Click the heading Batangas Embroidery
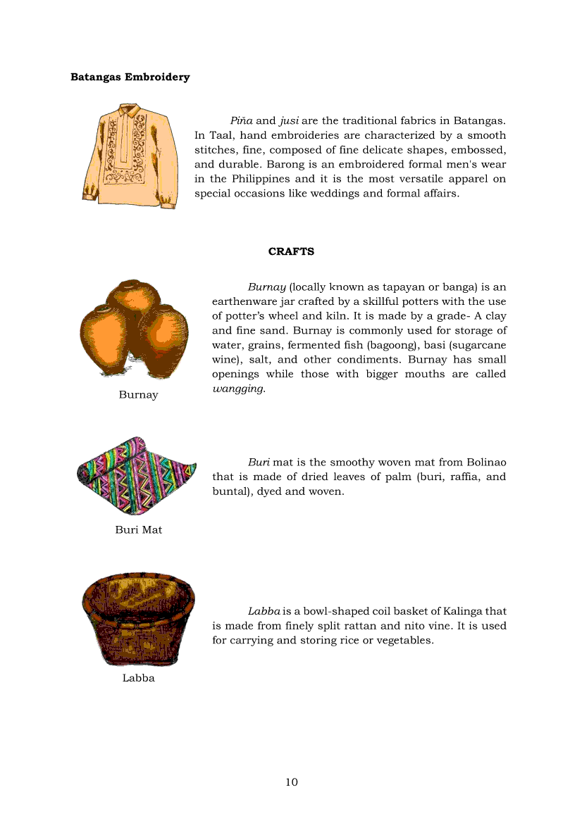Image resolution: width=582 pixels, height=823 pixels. click(130, 77)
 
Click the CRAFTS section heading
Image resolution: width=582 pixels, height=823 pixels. click(291, 251)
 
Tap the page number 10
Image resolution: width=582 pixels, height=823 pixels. click(292, 782)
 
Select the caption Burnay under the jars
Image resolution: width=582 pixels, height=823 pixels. click(138, 395)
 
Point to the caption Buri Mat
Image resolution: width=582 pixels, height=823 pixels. click(138, 529)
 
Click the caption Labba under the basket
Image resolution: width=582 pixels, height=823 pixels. click(138, 678)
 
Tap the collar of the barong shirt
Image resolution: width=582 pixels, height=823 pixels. click(130, 111)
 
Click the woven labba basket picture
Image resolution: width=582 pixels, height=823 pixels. click(138, 618)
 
